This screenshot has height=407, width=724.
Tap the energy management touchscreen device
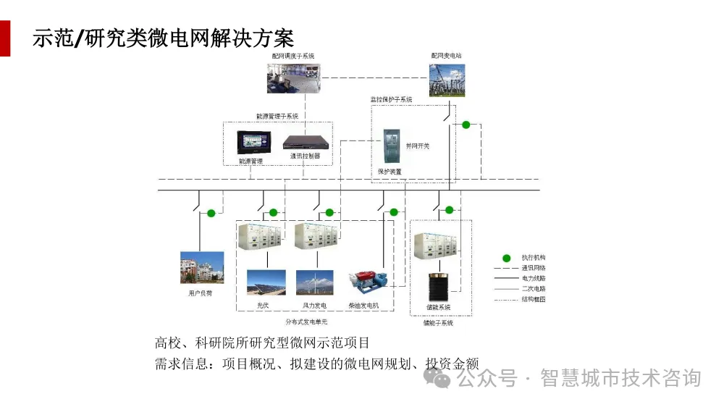click(254, 141)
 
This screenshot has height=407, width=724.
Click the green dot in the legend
click(508, 258)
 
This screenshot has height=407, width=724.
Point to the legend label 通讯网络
click(534, 268)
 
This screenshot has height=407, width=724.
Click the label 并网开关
click(418, 146)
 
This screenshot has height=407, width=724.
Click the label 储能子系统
click(438, 323)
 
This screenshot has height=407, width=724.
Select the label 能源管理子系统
click(277, 116)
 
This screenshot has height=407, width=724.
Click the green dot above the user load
click(211, 213)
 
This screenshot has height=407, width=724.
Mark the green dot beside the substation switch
click(466, 125)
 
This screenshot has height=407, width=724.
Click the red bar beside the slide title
click(5, 38)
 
